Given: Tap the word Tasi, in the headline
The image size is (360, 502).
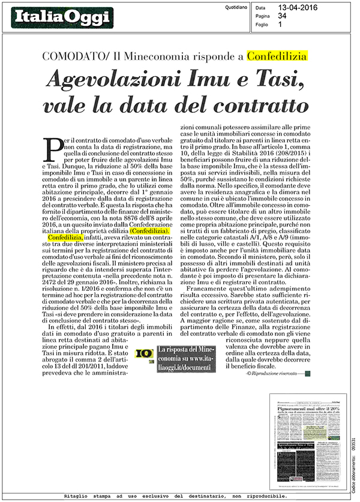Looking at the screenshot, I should point(280,80).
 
